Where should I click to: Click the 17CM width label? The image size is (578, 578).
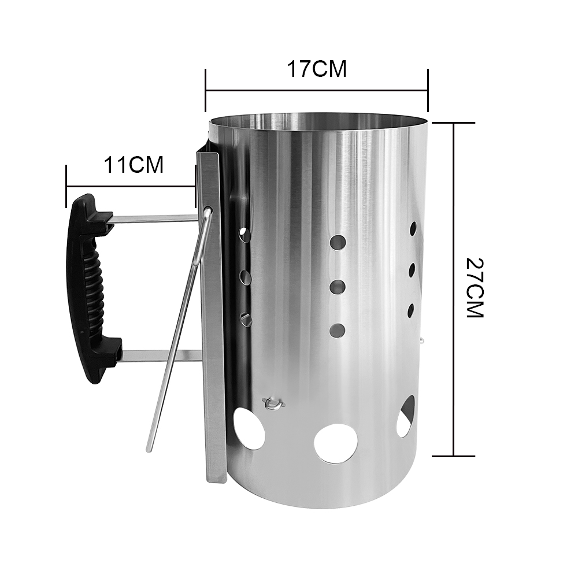(x=317, y=69)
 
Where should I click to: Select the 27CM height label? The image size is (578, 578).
(x=475, y=287)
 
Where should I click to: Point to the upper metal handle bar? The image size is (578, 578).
(x=155, y=219)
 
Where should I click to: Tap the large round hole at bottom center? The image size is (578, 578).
(x=336, y=443)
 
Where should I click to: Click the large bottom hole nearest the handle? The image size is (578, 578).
(x=249, y=428)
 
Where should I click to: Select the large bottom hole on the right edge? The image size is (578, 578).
(x=406, y=416)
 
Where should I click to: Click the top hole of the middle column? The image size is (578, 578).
(x=338, y=242)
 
